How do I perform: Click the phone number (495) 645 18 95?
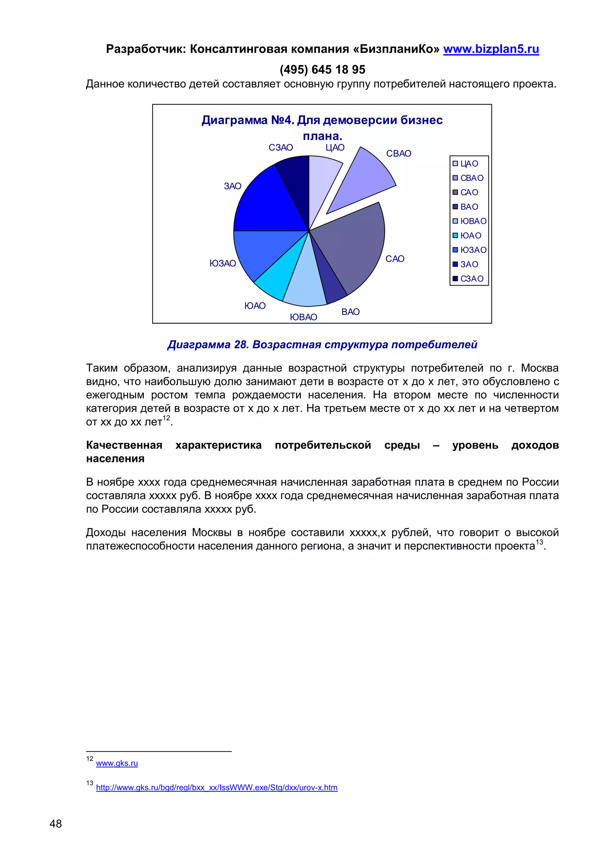pos(322,70)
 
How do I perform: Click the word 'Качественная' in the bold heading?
pos(124,445)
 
